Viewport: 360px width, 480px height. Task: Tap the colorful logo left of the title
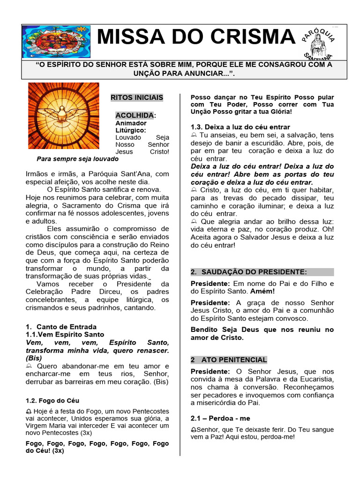coord(57,42)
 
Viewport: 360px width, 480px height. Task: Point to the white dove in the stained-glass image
coord(63,113)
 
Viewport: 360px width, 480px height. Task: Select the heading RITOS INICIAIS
coord(137,97)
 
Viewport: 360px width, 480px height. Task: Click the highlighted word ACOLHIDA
coord(135,115)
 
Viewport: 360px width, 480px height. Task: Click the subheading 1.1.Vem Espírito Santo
coord(65,335)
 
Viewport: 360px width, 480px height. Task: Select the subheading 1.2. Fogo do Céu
coord(52,401)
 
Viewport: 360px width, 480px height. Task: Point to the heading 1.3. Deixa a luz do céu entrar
coord(240,127)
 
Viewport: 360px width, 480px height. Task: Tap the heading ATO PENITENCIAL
coord(234,360)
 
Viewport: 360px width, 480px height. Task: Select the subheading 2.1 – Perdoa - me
coord(220,418)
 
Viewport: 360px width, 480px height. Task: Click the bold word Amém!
coord(265,291)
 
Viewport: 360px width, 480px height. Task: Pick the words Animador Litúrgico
coord(131,127)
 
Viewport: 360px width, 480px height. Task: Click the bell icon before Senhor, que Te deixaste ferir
coord(194,430)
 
